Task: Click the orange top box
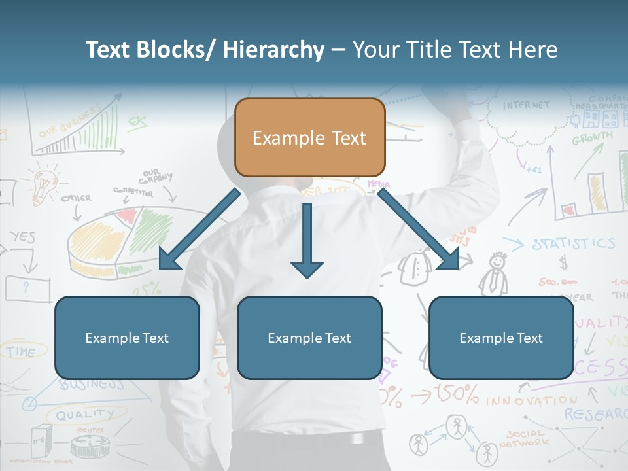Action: [309, 137]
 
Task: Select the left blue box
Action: [127, 338]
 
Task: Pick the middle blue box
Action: [309, 338]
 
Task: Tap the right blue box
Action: [501, 338]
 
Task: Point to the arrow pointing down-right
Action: [419, 230]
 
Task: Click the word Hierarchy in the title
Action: [273, 50]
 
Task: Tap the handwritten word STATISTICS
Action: [573, 244]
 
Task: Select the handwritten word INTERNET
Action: [527, 105]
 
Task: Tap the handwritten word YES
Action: [22, 237]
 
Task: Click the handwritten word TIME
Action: [22, 351]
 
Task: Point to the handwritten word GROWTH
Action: [592, 139]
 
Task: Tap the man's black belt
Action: [307, 439]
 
